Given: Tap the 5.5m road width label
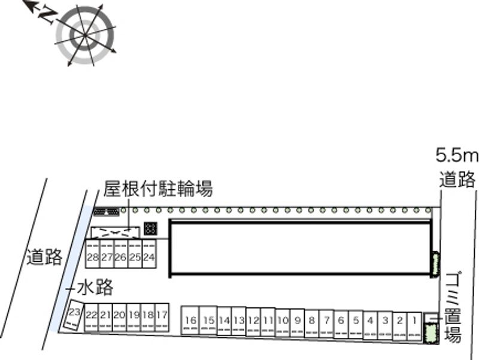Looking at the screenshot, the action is [457, 157].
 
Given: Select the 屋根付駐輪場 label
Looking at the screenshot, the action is [157, 190].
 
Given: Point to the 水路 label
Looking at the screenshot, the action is [95, 288].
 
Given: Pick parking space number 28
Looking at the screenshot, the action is [92, 258].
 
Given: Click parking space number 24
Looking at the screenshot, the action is [149, 258].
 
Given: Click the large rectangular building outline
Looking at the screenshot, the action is [299, 247].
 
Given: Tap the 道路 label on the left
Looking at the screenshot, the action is [44, 258].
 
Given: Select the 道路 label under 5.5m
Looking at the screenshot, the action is [457, 179].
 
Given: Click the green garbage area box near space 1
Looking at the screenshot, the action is [429, 332].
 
